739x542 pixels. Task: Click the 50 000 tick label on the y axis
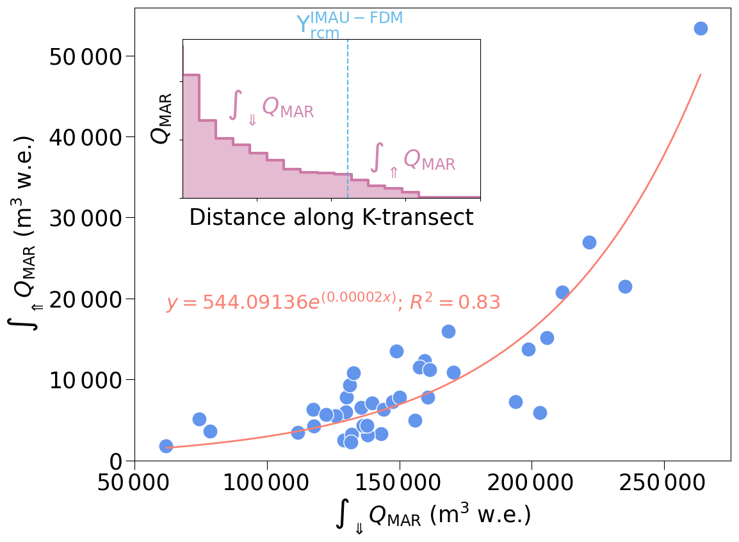coord(85,57)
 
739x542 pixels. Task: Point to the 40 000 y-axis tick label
coord(85,138)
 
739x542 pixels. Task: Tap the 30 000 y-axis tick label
coord(85,218)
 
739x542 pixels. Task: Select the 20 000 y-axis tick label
coord(85,300)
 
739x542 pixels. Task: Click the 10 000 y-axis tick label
coord(85,381)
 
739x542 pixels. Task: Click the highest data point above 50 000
coord(701,29)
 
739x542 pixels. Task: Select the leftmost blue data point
coord(166,446)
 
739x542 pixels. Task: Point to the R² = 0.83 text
coord(454,302)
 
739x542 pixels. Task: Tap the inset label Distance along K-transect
coord(331,218)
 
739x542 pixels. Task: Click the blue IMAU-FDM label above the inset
coord(350,24)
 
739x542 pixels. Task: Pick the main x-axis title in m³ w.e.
coord(433,516)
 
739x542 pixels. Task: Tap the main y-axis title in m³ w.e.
coord(24,234)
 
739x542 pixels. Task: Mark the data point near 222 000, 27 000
coord(589,242)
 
